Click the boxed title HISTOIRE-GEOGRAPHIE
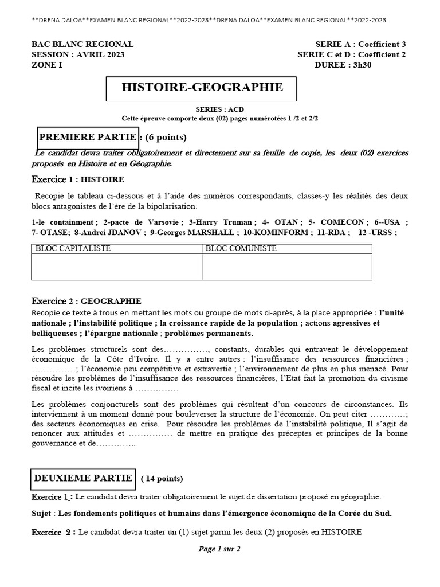pos(202,88)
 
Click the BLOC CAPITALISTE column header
pos(73,249)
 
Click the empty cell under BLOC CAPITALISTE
pos(116,267)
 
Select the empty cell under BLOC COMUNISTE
pos(286,267)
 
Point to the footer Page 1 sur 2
pos(219,549)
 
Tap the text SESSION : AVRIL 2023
pos(78,54)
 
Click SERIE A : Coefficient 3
pos(360,44)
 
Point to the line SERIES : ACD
pos(219,109)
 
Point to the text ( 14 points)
pos(162,479)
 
